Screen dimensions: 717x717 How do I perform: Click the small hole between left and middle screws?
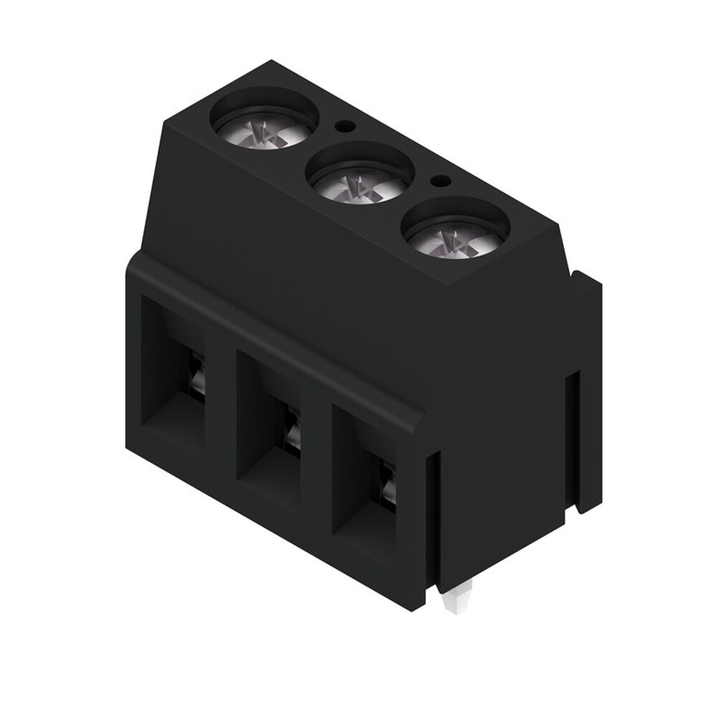coord(346,125)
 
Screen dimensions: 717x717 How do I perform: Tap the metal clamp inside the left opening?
coord(198,373)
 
